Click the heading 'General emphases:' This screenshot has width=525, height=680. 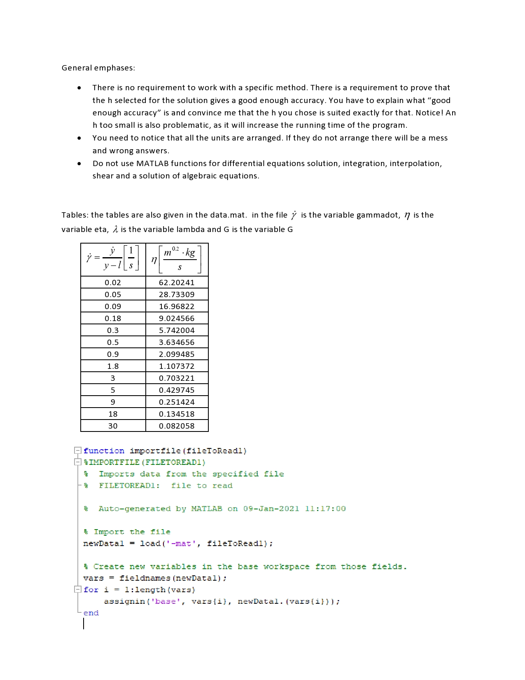(x=98, y=68)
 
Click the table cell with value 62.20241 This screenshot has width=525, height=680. (x=177, y=283)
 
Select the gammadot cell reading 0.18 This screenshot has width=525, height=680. (x=113, y=319)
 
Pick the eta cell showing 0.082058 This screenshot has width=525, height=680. (x=177, y=426)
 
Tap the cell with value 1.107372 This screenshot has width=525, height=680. (x=177, y=366)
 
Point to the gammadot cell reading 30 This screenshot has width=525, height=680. (x=113, y=426)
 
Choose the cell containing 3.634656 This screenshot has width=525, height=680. (x=177, y=342)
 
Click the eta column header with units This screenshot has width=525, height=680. (x=177, y=260)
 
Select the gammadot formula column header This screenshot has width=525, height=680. (x=113, y=260)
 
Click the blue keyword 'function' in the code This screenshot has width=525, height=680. (x=104, y=451)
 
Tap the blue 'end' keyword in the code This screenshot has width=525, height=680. (x=91, y=613)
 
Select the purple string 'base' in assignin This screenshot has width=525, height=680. (x=166, y=602)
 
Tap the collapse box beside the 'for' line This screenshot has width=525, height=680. (x=77, y=590)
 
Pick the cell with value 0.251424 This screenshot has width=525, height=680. (x=177, y=402)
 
